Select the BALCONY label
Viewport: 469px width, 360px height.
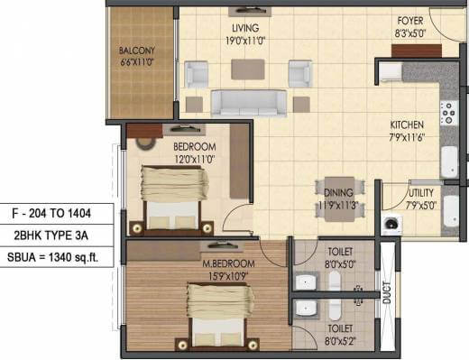137,51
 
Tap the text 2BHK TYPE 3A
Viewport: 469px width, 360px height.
58,234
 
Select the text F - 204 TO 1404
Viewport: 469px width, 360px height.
58,214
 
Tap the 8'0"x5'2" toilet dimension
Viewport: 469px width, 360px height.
340,343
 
